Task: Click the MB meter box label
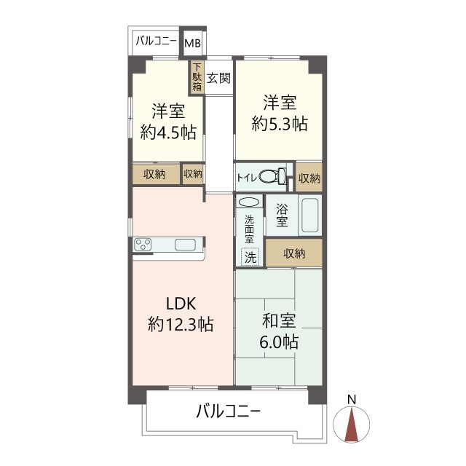point(192,43)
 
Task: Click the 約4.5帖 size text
point(168,133)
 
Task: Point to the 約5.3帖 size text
point(279,124)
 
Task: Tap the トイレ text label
point(248,177)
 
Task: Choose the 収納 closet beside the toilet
point(309,177)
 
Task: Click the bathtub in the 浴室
point(310,216)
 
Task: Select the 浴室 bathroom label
point(282,216)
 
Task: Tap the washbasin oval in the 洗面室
point(248,202)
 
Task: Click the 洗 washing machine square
point(250,256)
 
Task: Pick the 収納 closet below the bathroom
point(293,253)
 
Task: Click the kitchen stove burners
point(143,245)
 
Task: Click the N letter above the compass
point(351,399)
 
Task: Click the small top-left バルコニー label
point(156,42)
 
